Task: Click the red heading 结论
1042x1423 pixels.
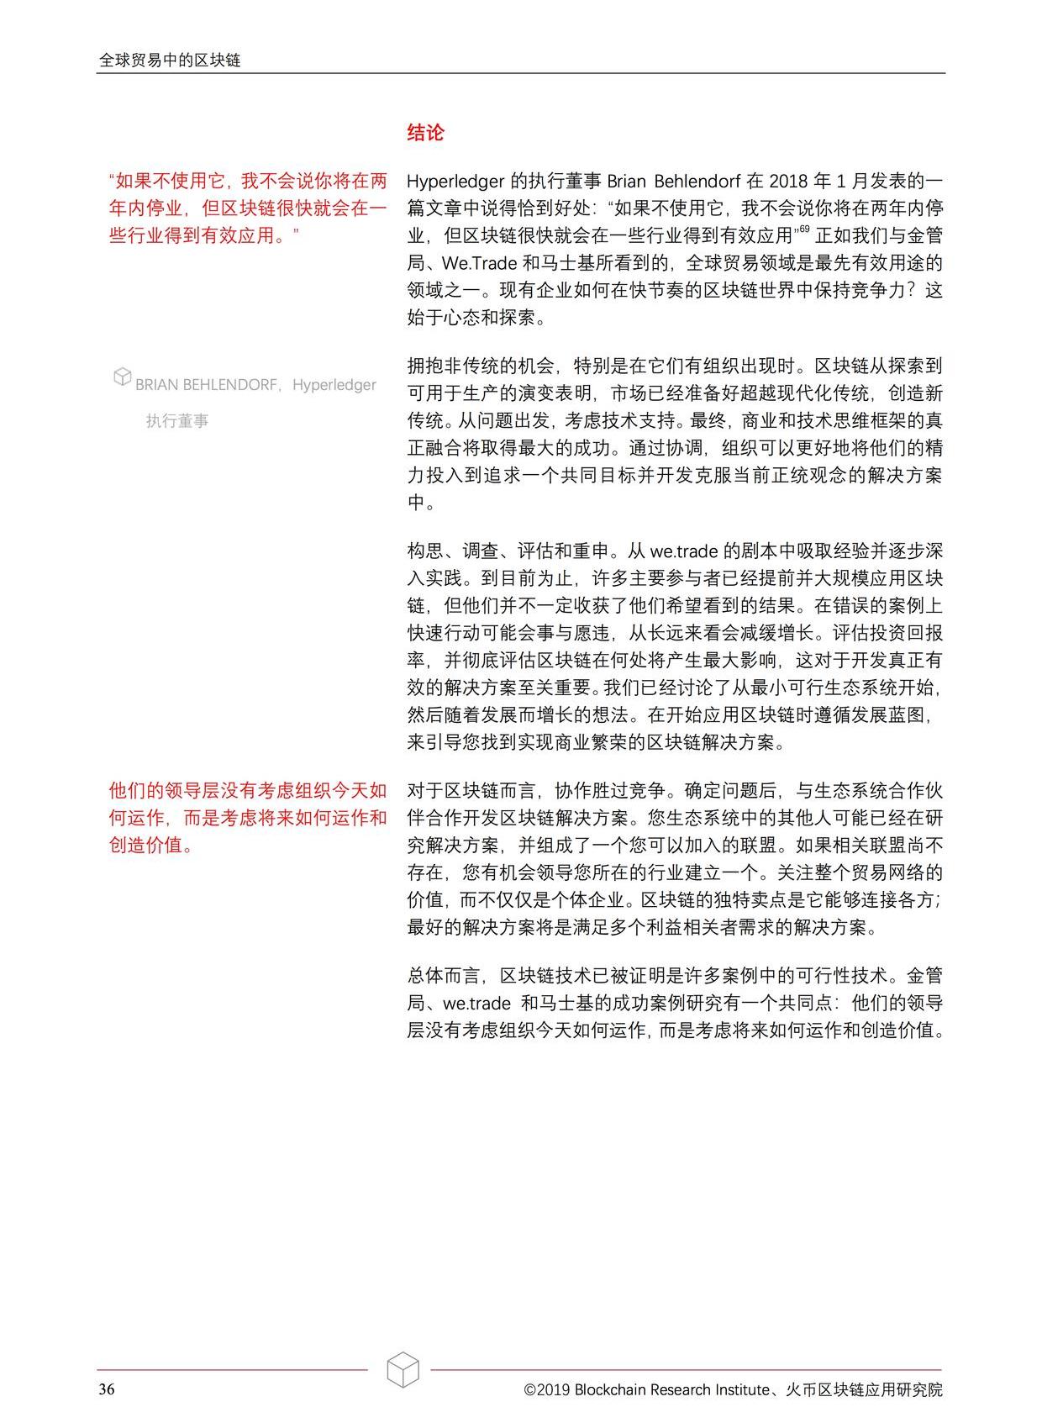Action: pos(425,133)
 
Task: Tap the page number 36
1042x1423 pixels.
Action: pos(107,1389)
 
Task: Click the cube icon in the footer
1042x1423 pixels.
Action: pos(403,1369)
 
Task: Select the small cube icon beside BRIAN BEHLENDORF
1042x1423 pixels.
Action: pos(123,377)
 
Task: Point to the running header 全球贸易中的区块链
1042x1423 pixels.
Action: pos(170,61)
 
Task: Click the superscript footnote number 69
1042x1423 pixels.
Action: pos(804,229)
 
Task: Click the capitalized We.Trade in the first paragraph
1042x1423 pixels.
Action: pos(478,264)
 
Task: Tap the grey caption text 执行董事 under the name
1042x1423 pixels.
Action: pos(177,421)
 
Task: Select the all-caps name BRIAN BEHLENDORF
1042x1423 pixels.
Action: pos(207,385)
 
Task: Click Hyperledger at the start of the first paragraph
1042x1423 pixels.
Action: pos(455,182)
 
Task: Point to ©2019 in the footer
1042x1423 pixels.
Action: pos(547,1389)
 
